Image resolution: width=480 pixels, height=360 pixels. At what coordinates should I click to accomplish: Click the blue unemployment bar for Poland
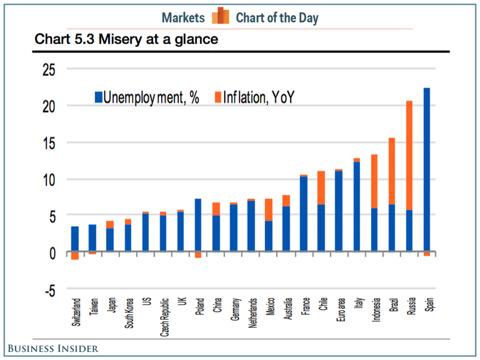pos(198,225)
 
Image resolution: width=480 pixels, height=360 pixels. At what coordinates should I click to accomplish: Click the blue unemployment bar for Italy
pos(357,207)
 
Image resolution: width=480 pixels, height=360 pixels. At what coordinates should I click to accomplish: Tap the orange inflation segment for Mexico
pos(269,210)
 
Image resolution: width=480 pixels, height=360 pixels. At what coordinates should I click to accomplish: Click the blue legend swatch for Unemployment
pos(98,97)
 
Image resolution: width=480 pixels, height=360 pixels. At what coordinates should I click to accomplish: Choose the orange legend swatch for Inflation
pos(217,97)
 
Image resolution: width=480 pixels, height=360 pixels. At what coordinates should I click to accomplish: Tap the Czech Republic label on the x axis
pos(163,315)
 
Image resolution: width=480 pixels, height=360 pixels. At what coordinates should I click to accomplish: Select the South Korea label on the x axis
pos(127,313)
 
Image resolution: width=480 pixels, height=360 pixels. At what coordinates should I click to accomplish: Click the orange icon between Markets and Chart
pos(220,16)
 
